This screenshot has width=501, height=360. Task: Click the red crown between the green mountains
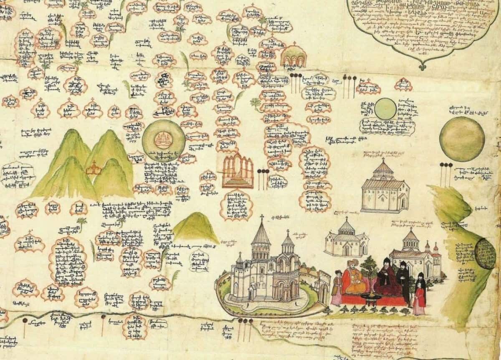click(x=94, y=169)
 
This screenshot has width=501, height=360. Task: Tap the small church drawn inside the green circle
click(x=163, y=140)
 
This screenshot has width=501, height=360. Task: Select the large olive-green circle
click(x=462, y=139)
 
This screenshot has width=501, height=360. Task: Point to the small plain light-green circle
click(x=385, y=109)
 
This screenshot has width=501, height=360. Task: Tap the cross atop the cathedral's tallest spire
click(x=262, y=217)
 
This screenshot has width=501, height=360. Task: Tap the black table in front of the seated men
click(x=369, y=297)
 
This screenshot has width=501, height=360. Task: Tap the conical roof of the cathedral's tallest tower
click(x=261, y=234)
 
